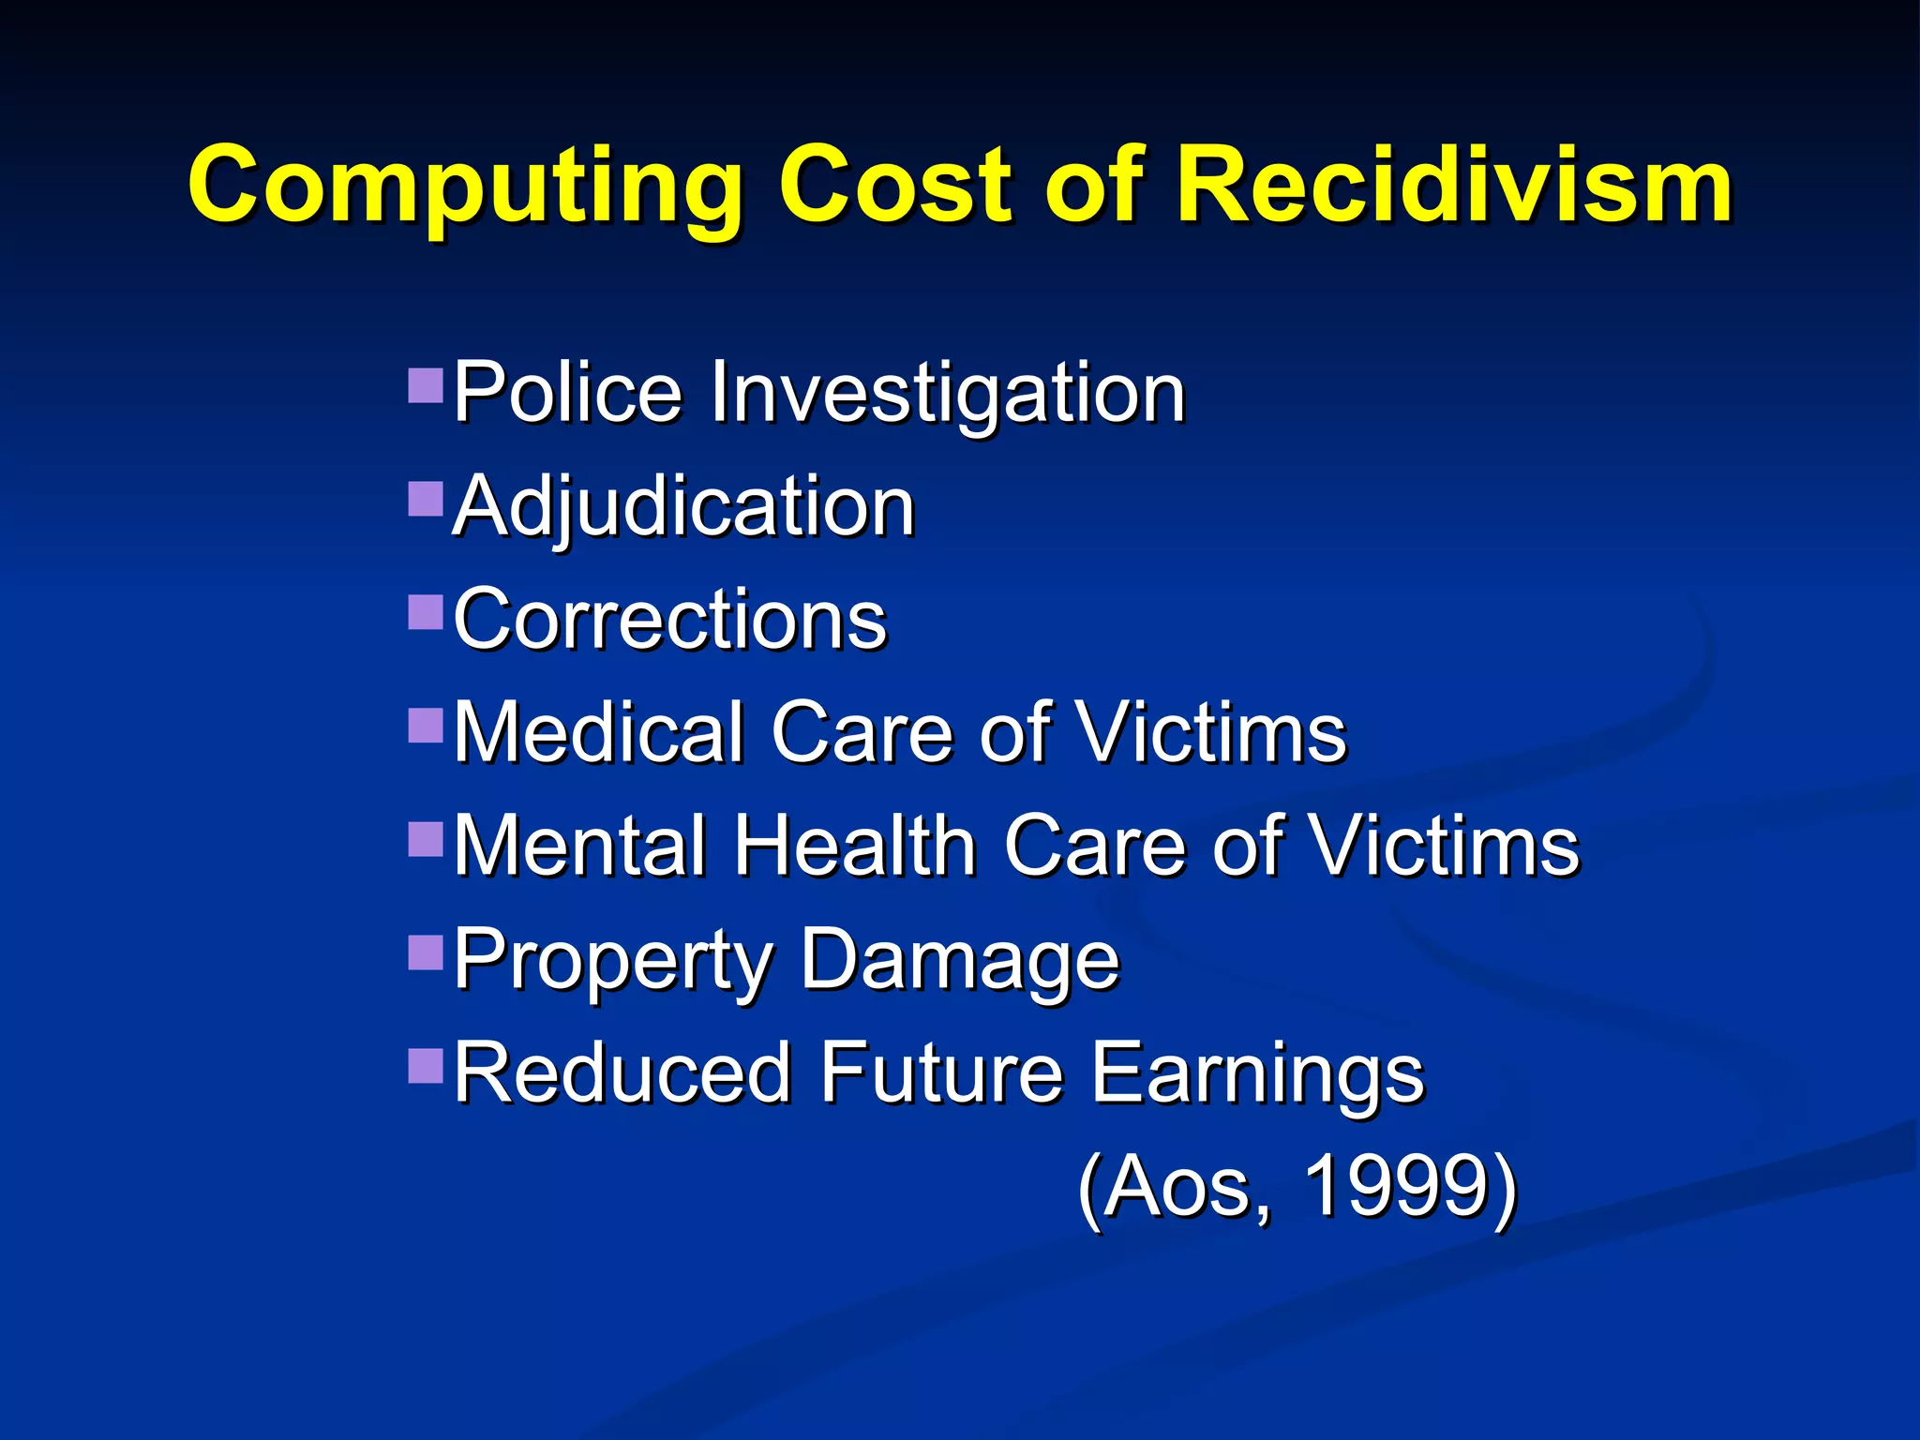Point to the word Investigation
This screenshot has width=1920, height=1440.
tap(948, 395)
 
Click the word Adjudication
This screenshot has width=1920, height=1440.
tap(683, 507)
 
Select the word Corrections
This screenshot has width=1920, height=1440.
tap(669, 620)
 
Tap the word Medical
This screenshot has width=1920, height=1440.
tap(599, 732)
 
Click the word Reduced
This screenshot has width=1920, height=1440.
tap(622, 1072)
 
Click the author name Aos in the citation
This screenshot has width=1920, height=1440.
tap(1187, 1187)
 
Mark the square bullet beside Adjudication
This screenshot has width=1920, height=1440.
tap(426, 500)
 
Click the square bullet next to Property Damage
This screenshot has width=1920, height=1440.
tap(426, 952)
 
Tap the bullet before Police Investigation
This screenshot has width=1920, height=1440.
tap(426, 384)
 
